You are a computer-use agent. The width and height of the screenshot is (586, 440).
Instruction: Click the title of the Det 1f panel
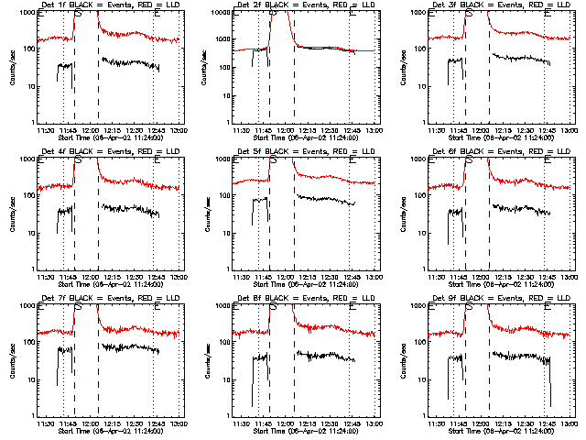click(109, 5)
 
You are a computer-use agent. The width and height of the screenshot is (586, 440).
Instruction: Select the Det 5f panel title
click(304, 151)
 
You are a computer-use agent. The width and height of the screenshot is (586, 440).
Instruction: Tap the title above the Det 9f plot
click(500, 298)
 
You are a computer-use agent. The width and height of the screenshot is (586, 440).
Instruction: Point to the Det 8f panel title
click(304, 298)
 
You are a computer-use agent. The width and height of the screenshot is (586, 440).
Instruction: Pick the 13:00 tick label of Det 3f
click(570, 130)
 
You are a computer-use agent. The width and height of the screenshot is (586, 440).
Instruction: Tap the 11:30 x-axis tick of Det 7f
click(45, 423)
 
